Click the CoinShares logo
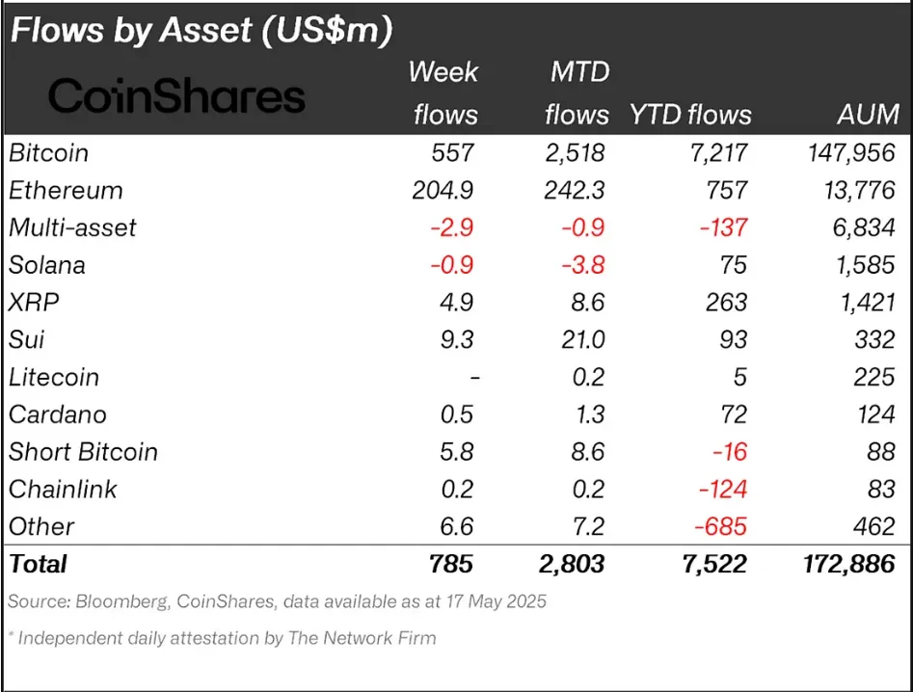tap(176, 95)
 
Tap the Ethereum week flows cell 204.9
tap(439, 190)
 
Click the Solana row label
tap(46, 265)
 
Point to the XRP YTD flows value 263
tap(725, 303)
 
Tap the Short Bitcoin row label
tap(83, 452)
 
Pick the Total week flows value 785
tap(450, 564)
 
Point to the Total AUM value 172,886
tap(840, 564)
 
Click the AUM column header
tap(868, 115)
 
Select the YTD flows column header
tap(690, 115)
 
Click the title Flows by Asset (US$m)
tap(201, 31)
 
